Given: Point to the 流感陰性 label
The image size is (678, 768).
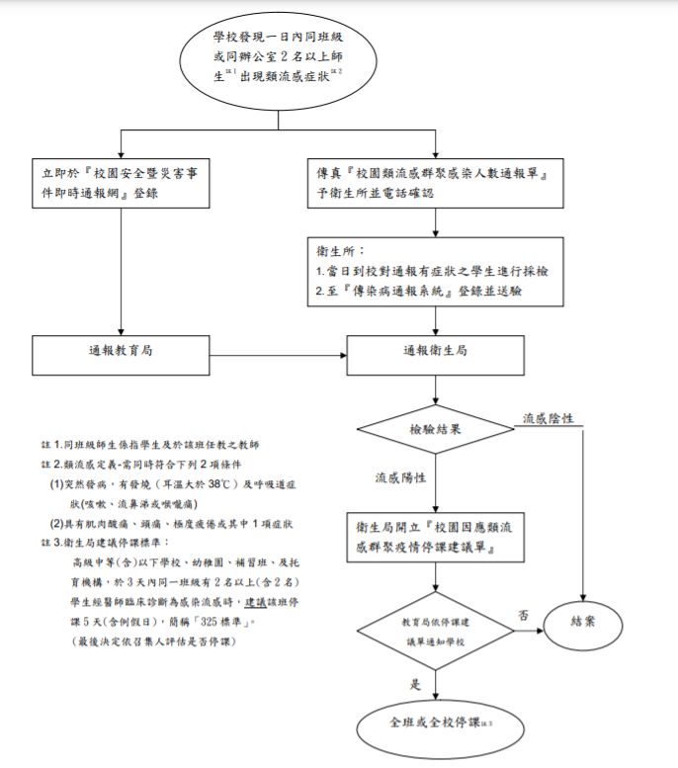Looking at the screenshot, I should pyautogui.click(x=550, y=419).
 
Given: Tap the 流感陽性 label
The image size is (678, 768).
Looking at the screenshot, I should pyautogui.click(x=399, y=477).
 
